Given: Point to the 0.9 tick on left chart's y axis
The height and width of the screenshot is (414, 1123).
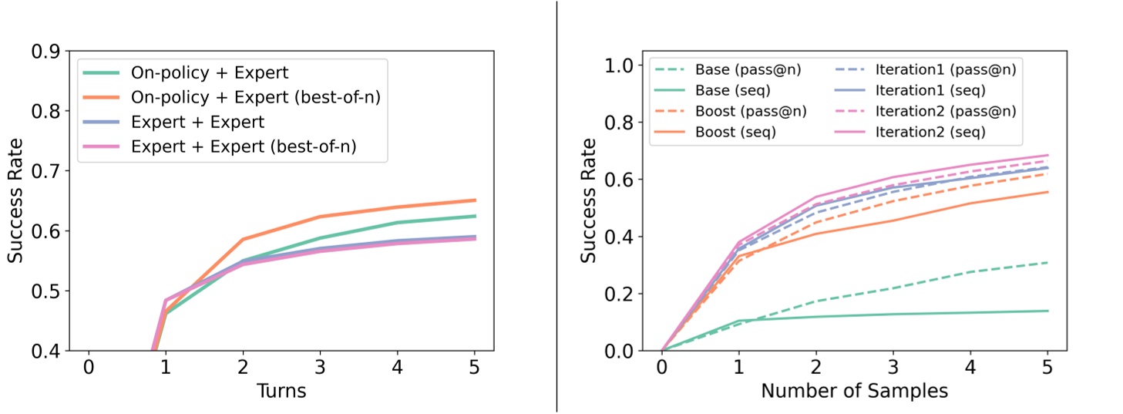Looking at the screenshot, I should pyautogui.click(x=47, y=52).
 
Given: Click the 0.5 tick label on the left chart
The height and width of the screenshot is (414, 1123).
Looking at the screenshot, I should pyautogui.click(x=47, y=291).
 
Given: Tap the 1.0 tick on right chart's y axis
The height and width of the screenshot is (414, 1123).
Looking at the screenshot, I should pyautogui.click(x=630, y=66).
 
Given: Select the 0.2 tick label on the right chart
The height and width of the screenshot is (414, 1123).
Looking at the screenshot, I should pyautogui.click(x=630, y=294).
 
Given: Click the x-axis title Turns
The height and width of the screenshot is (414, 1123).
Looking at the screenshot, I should pyautogui.click(x=281, y=391).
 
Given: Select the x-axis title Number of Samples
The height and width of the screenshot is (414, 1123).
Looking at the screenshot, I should pyautogui.click(x=854, y=391).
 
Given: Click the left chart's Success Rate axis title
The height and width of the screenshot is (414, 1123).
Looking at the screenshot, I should pyautogui.click(x=15, y=201).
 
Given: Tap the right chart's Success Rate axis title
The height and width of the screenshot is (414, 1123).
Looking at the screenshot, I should pyautogui.click(x=589, y=201).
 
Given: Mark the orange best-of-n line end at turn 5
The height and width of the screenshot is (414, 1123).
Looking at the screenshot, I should pyautogui.click(x=475, y=200).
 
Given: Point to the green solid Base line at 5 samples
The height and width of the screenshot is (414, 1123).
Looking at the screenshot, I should pyautogui.click(x=1047, y=311).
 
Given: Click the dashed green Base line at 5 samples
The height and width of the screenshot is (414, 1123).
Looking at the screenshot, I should pyautogui.click(x=1047, y=263).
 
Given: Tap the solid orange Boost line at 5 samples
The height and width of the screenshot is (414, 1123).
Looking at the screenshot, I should pyautogui.click(x=1047, y=192).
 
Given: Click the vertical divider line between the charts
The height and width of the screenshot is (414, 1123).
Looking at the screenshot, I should pyautogui.click(x=557, y=207).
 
